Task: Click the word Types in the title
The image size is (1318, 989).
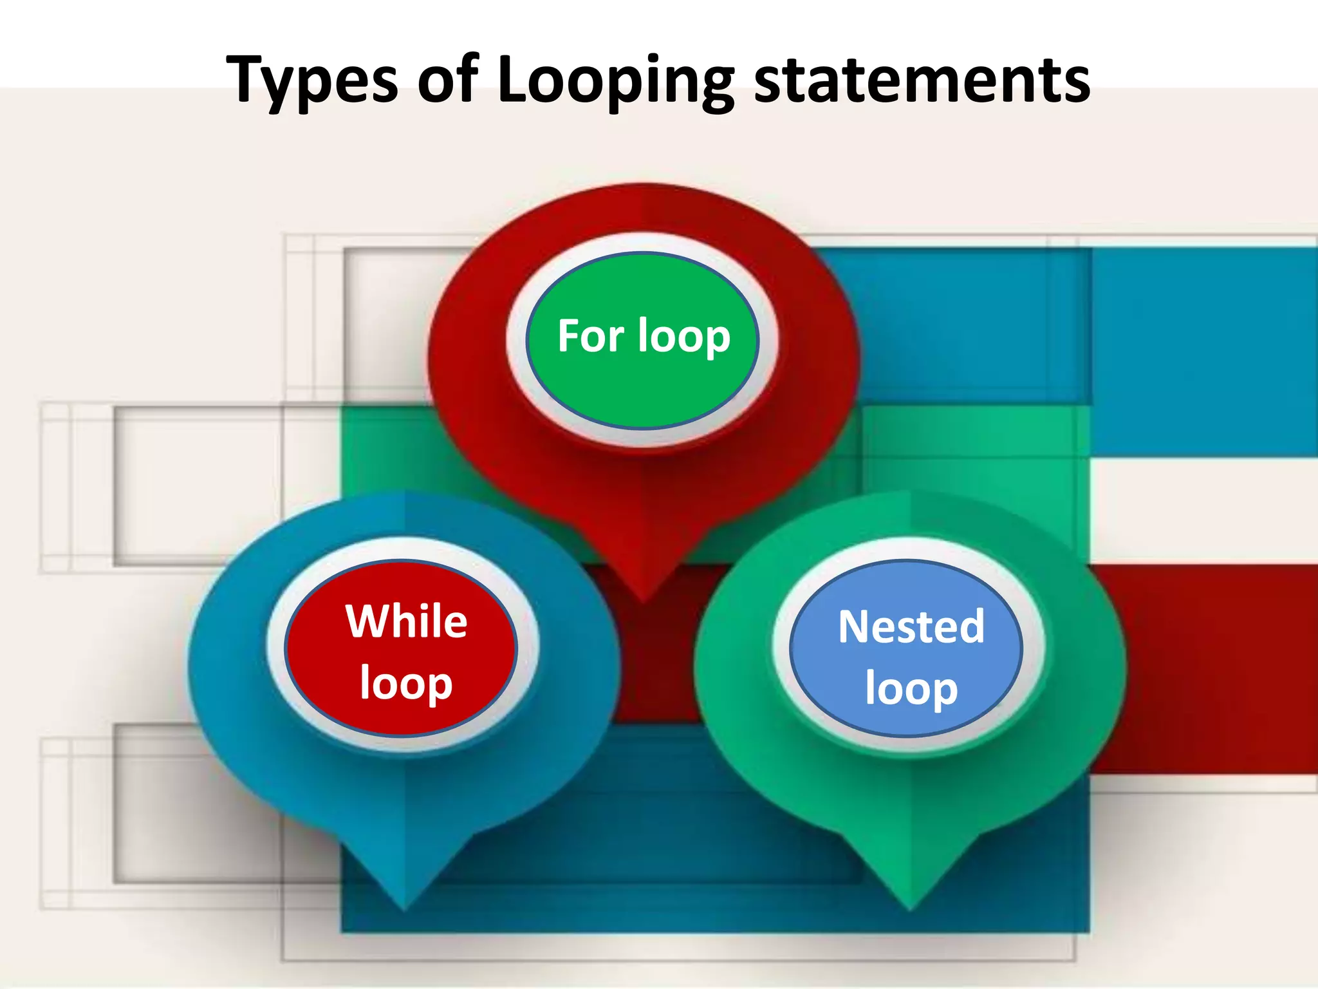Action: pyautogui.click(x=313, y=80)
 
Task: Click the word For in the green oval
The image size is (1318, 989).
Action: pyautogui.click(x=590, y=335)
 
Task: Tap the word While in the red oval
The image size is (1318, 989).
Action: pyautogui.click(x=406, y=621)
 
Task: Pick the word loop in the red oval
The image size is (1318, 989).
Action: pyautogui.click(x=406, y=684)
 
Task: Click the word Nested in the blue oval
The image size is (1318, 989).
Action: pyautogui.click(x=911, y=626)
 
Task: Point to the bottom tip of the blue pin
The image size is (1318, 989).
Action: pyautogui.click(x=404, y=909)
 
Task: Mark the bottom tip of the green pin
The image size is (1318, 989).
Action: pyautogui.click(x=910, y=909)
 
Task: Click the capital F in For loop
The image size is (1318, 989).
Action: pyautogui.click(x=570, y=335)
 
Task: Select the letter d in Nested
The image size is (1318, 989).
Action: pyautogui.click(x=970, y=626)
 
